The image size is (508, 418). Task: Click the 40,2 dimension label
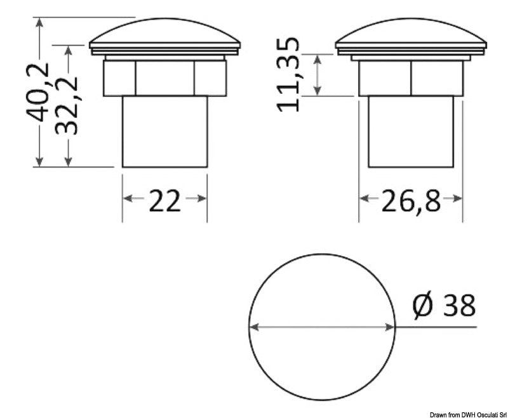pos(38,93)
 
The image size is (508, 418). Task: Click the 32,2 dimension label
pos(67,106)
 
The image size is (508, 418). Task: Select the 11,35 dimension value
pos(288,75)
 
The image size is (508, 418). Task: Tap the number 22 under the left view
pos(164,201)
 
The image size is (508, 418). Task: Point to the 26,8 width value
pos(411,201)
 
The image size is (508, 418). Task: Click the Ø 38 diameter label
pos(444,305)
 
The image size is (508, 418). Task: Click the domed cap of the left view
pos(164,31)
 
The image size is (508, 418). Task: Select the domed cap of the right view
pos(411,31)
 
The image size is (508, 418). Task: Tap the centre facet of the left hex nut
pos(164,78)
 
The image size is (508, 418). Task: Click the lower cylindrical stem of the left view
pos(164,132)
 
